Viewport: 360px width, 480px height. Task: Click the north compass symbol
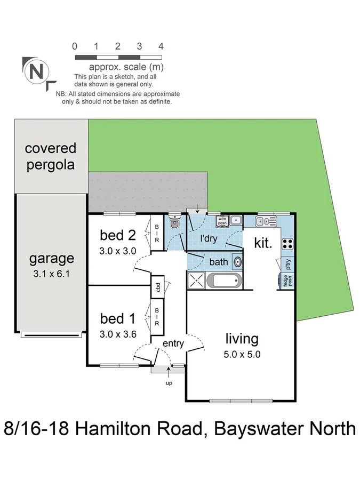tap(36, 71)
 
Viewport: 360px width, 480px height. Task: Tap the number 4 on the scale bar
tap(161, 46)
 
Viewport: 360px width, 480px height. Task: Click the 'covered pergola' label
tap(51, 156)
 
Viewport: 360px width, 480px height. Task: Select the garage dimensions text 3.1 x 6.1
tap(51, 276)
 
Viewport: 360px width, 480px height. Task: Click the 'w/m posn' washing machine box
tap(221, 220)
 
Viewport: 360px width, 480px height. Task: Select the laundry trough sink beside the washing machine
tap(237, 220)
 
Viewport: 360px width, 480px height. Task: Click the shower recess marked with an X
tap(195, 280)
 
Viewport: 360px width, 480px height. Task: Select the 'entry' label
tap(173, 343)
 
